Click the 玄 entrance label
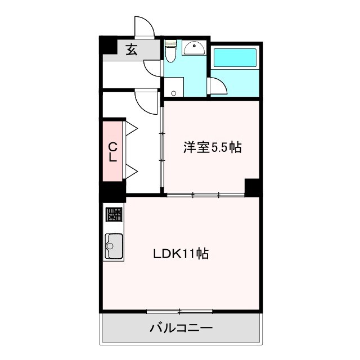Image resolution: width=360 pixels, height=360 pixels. tap(131, 49)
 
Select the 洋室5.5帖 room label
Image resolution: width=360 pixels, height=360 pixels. tap(212, 148)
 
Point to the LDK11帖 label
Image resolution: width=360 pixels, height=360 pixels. tap(181, 254)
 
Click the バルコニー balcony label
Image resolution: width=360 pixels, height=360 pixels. tap(181, 328)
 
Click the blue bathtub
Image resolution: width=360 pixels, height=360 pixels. tap(235, 59)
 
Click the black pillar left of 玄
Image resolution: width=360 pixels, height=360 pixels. tap(107, 46)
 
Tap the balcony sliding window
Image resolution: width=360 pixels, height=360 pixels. tap(179, 311)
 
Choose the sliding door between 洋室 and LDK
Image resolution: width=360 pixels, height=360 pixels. tap(205, 195)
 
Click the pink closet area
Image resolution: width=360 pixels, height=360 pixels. tap(112, 151)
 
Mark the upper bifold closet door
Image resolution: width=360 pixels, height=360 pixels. tap(132, 128)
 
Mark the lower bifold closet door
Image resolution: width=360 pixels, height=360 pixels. tap(132, 170)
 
